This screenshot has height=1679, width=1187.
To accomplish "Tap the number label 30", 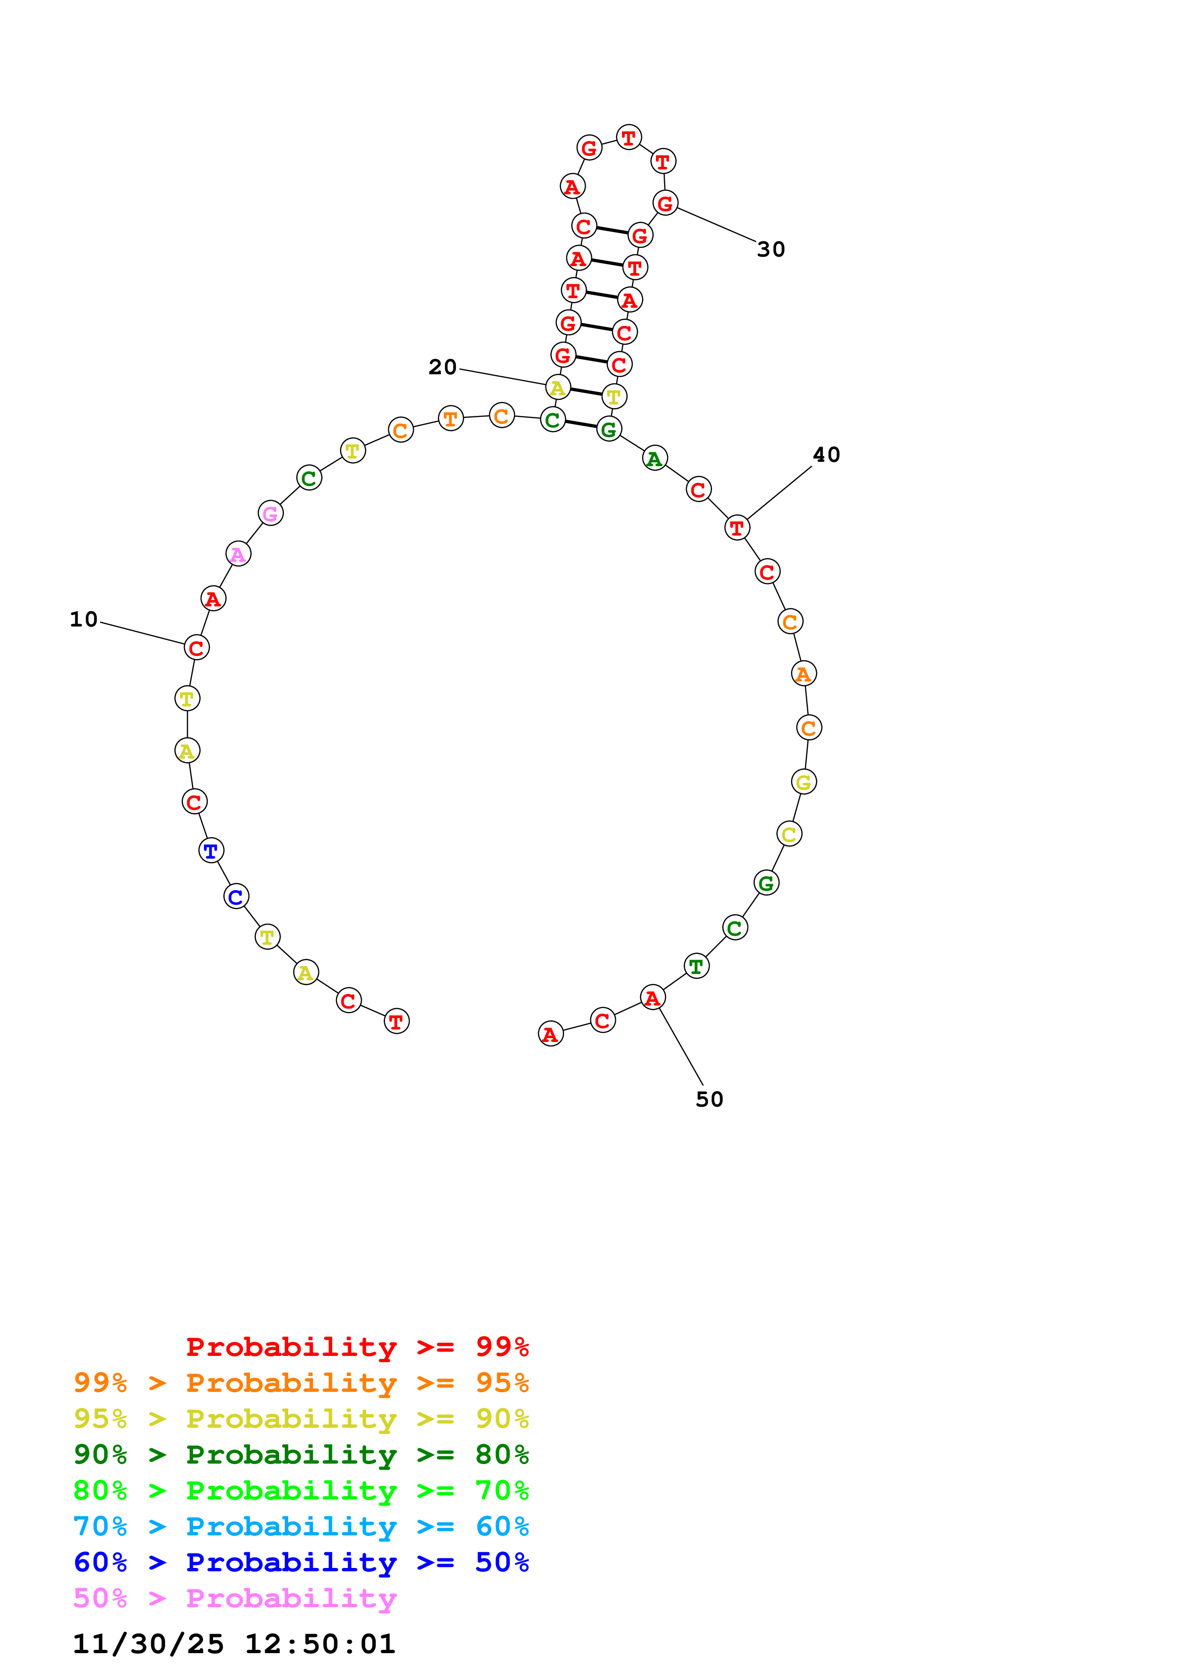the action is (x=771, y=249).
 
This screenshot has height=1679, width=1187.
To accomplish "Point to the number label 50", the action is (x=709, y=1099).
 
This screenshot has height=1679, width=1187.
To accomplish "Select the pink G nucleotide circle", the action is (x=271, y=514).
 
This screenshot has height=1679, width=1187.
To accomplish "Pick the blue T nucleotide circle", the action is (x=211, y=851).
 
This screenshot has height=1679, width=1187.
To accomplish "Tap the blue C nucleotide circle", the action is (x=236, y=896).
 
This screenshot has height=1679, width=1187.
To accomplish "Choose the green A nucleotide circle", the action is (x=655, y=459).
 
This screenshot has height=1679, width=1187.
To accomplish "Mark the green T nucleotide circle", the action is (x=696, y=966).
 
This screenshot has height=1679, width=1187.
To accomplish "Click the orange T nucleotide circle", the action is (x=451, y=418).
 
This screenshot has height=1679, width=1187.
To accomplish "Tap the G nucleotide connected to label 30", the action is (x=665, y=202).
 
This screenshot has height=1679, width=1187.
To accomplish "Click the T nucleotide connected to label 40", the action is (x=736, y=527).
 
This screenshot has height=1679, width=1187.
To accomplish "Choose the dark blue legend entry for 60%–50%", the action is (x=301, y=1562).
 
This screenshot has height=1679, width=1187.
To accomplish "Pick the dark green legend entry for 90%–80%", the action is (x=301, y=1455).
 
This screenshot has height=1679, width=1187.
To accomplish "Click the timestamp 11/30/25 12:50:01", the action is (x=234, y=1644).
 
